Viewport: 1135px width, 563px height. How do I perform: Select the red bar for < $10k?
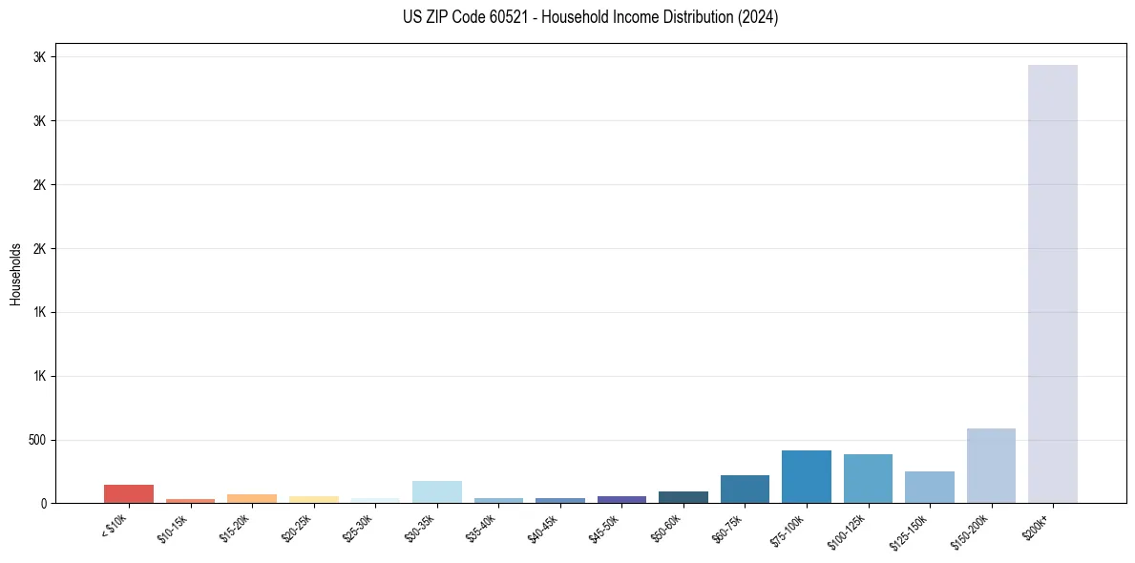(129, 493)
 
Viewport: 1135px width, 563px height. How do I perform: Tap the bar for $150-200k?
(991, 466)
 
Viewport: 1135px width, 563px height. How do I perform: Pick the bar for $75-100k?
(806, 476)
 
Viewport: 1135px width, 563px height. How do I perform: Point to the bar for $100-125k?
(868, 478)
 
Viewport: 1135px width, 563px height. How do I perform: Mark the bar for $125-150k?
(929, 487)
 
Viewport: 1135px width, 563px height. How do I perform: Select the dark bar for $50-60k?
(683, 497)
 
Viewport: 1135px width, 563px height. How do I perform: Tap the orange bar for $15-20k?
(252, 498)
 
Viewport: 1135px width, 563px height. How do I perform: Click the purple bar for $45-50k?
(621, 499)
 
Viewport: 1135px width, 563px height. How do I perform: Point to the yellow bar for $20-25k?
(313, 499)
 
